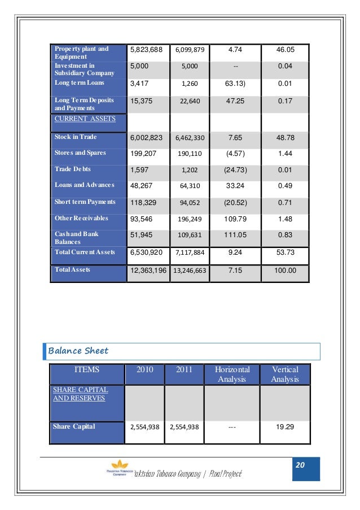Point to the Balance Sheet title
[x=78, y=351]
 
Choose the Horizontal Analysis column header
[x=232, y=374]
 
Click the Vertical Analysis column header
[x=285, y=374]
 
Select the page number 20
[x=300, y=465]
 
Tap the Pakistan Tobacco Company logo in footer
[x=116, y=472]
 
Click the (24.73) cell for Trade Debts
[x=232, y=169]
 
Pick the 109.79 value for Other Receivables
[x=232, y=218]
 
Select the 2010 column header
[x=144, y=369]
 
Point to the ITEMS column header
[x=87, y=369]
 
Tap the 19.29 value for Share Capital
[x=285, y=427]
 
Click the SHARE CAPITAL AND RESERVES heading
[x=80, y=394]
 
